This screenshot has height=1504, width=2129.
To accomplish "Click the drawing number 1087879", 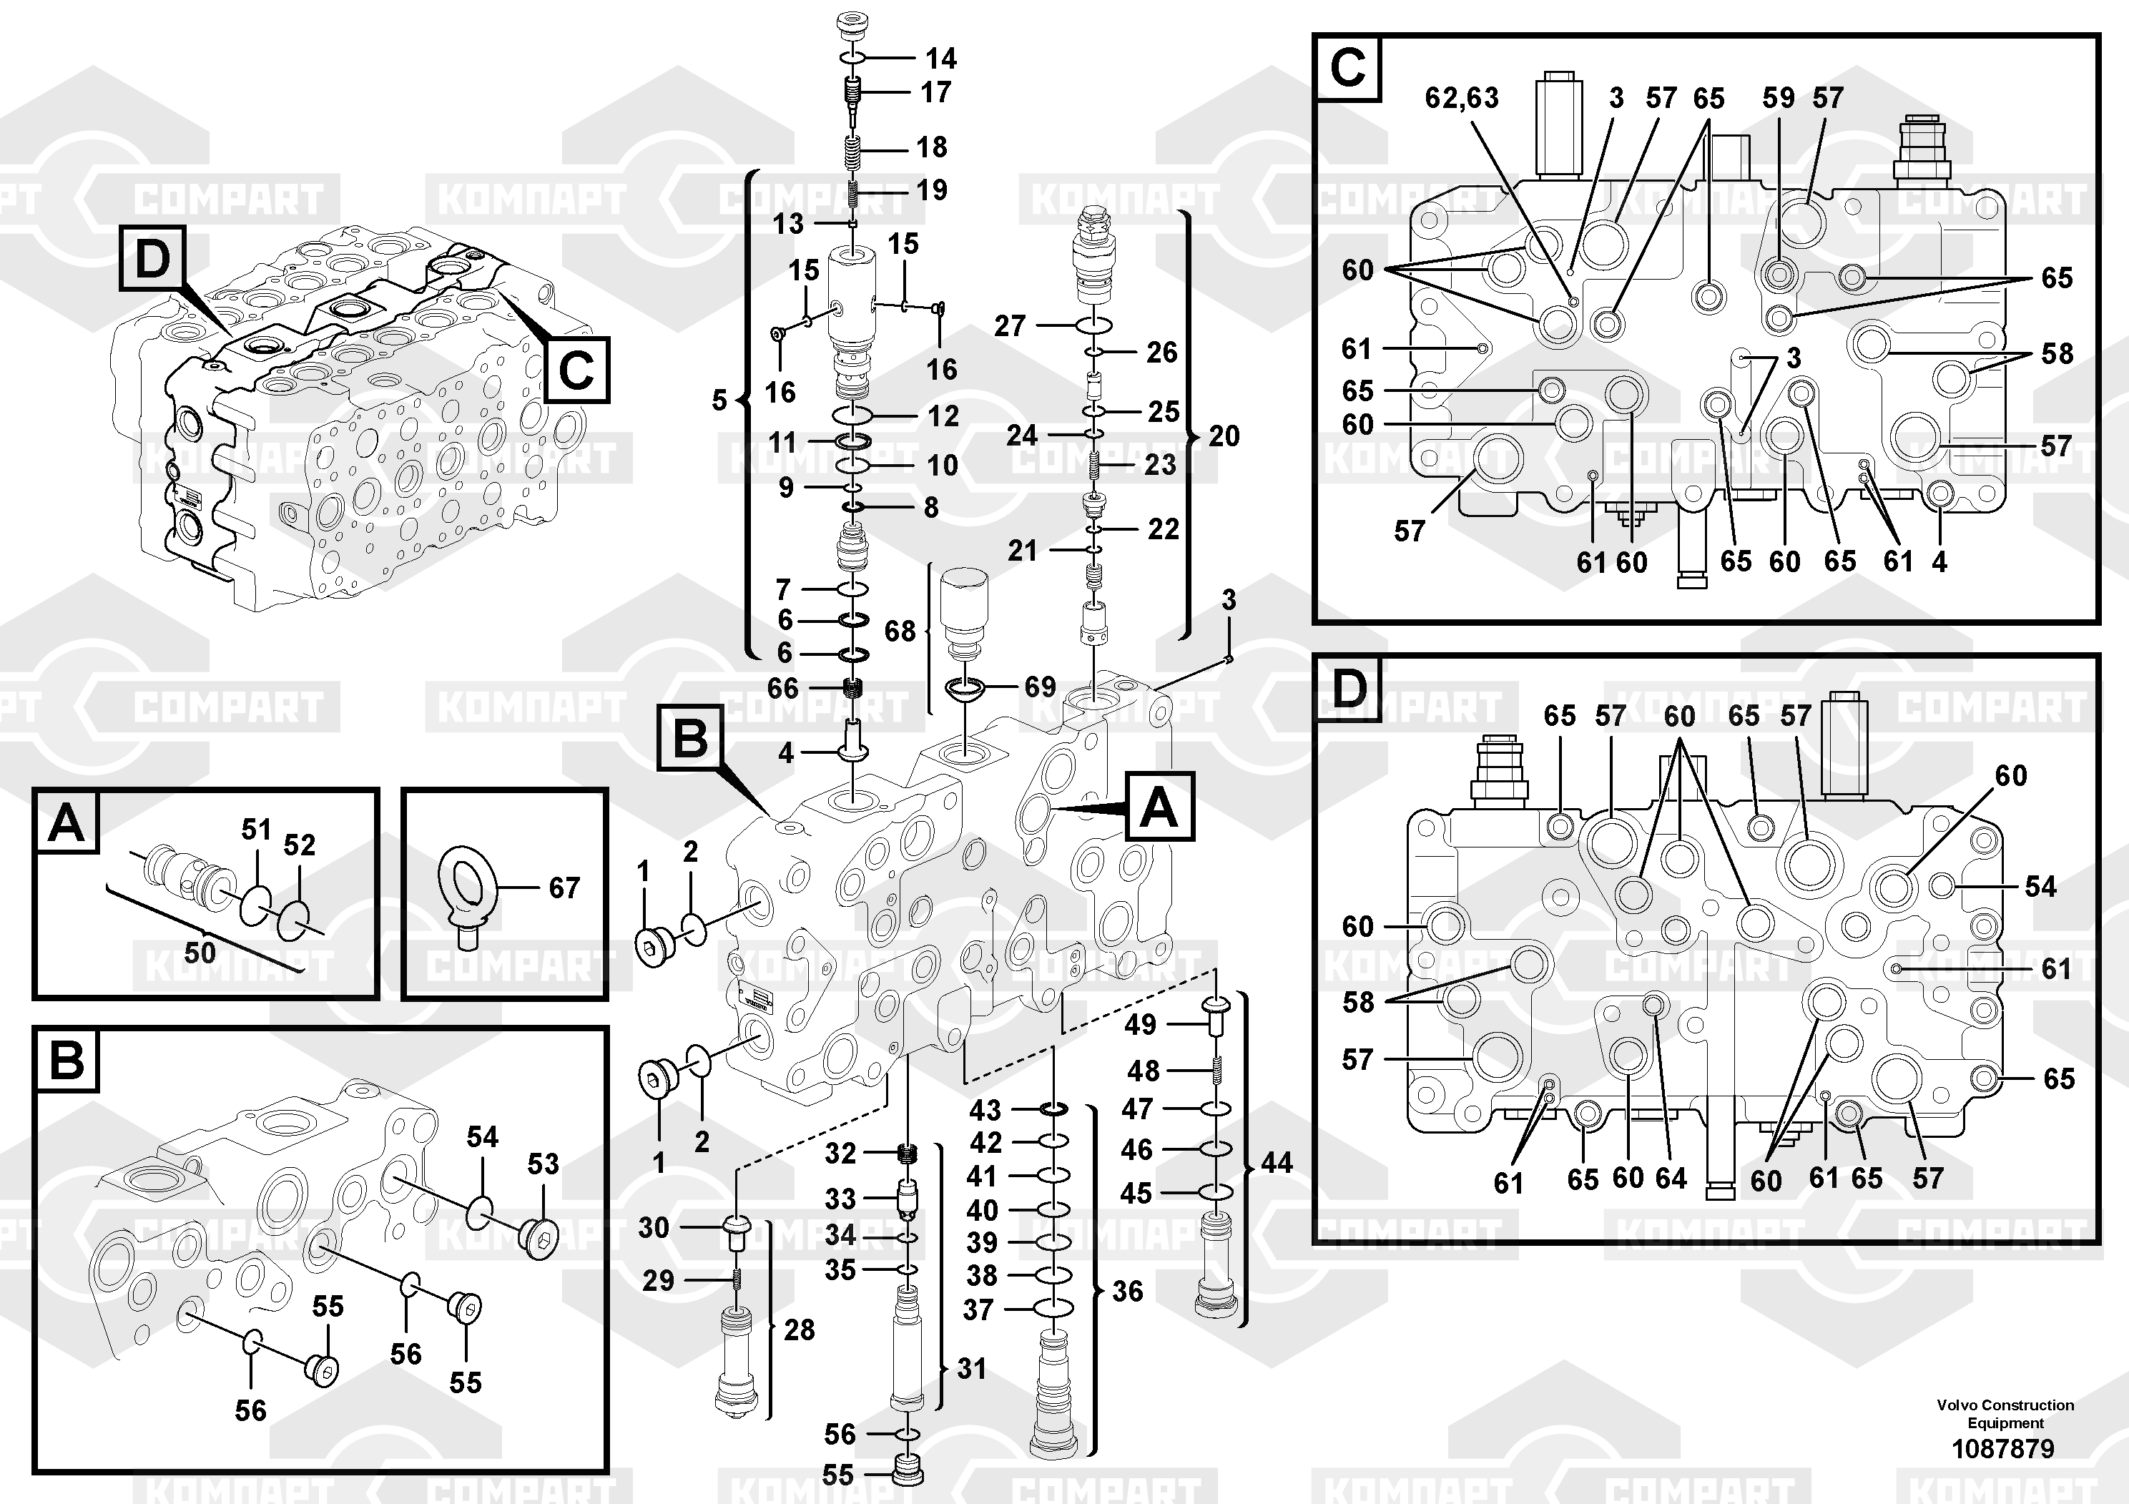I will [2003, 1448].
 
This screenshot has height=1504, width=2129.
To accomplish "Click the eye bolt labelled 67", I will [468, 890].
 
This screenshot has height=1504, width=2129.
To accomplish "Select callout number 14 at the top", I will [940, 59].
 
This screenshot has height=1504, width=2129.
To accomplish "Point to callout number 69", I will [1039, 687].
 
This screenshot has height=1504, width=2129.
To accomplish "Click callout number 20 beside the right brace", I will [1224, 436].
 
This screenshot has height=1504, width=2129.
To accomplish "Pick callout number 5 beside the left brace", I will [719, 400].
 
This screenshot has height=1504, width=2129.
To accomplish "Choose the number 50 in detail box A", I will [200, 953].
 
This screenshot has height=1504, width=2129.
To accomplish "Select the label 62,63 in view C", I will [1461, 98].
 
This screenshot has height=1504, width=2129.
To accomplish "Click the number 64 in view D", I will [1671, 1179].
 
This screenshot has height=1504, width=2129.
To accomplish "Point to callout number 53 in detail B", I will [543, 1164].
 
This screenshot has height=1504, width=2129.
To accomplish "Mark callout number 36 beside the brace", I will [1128, 1291].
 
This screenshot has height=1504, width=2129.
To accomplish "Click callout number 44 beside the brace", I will [1276, 1163].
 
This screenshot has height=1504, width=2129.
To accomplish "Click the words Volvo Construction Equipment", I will [2005, 1413].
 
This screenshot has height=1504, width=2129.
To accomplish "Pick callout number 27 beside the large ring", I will [1010, 326].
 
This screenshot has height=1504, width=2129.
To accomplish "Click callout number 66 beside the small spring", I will [782, 688].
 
